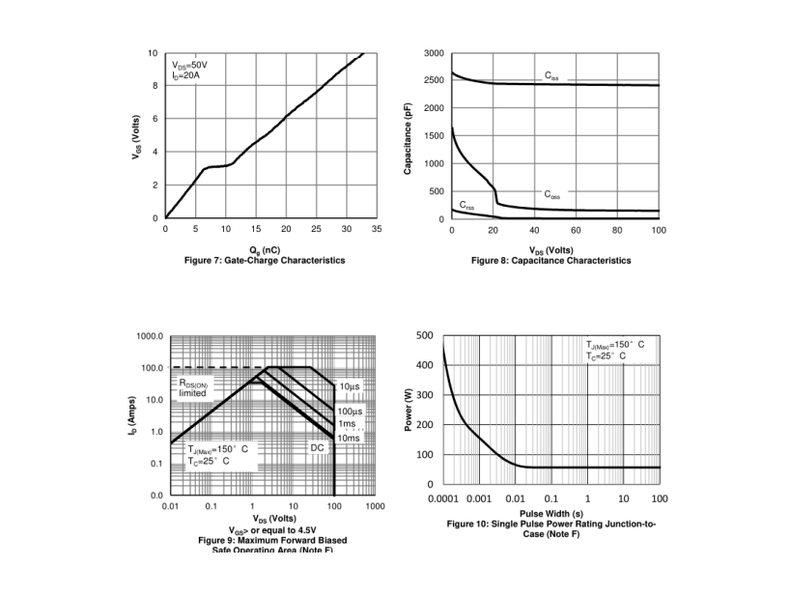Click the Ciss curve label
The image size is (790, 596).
(x=551, y=74)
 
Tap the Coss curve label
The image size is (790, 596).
(x=551, y=194)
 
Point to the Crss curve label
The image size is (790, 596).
(x=466, y=205)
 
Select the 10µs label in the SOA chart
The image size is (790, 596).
(x=349, y=386)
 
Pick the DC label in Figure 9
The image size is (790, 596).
(x=316, y=447)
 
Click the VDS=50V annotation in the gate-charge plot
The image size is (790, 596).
(x=189, y=65)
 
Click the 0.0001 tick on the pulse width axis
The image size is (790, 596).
(x=444, y=498)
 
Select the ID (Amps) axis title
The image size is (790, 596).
(x=132, y=415)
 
